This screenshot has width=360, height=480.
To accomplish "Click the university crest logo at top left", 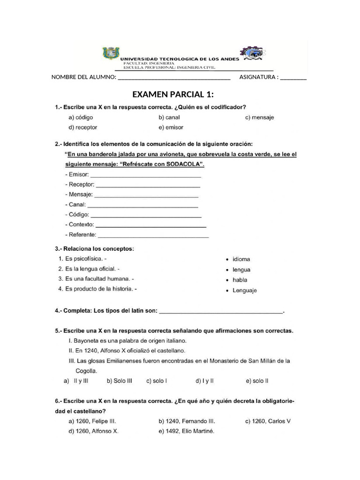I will click(x=111, y=53).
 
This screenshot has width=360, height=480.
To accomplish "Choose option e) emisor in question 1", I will click(x=171, y=127).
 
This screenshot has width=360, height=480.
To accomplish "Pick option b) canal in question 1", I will click(x=169, y=118).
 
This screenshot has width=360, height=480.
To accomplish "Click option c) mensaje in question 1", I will click(x=259, y=118).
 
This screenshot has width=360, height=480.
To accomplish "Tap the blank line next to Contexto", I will click(x=151, y=225).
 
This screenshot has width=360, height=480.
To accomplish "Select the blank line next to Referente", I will click(x=153, y=236).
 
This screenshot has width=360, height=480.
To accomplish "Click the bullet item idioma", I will click(x=241, y=259).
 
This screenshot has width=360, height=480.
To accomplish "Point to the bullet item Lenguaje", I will click(x=244, y=291).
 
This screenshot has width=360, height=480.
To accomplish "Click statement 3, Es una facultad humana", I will click(x=96, y=279).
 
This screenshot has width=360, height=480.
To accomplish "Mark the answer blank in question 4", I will click(x=221, y=311).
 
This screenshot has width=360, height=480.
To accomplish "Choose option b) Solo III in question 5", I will click(x=120, y=381).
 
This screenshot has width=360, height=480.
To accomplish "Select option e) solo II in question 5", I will click(x=257, y=381).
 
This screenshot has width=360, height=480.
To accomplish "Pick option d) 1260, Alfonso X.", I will click(x=93, y=431).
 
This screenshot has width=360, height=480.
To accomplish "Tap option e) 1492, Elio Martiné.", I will click(x=186, y=431).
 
